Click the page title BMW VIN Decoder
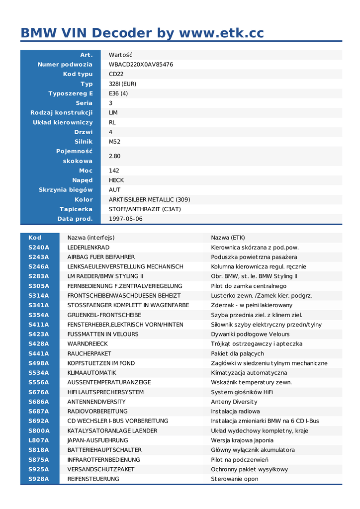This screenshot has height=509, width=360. pyautogui.click(x=142, y=33)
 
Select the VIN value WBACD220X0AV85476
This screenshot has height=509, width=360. pyautogui.click(x=141, y=65)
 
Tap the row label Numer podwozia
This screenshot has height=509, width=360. pyautogui.click(x=65, y=65)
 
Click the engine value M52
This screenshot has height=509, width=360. pyautogui.click(x=114, y=142)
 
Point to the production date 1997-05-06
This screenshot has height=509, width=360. pyautogui.click(x=125, y=219)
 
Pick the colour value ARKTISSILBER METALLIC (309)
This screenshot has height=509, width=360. pyautogui.click(x=149, y=199)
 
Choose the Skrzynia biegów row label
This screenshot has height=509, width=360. pyautogui.click(x=66, y=190)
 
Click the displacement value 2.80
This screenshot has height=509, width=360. pyautogui.click(x=114, y=156)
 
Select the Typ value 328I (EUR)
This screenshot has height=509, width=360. pyautogui.click(x=122, y=84)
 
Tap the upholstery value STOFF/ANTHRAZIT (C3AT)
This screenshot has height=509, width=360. pyautogui.click(x=145, y=209)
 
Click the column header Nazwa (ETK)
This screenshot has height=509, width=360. pyautogui.click(x=228, y=238)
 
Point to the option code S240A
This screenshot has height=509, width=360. pyautogui.click(x=39, y=248)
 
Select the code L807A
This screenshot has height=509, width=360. pyautogui.click(x=39, y=440)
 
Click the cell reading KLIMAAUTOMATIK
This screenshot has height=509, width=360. pyautogui.click(x=91, y=373)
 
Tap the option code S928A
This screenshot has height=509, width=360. pyautogui.click(x=39, y=479)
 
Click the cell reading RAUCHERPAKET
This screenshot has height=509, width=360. pyautogui.click(x=90, y=353)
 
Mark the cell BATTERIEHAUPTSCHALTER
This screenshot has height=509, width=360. pyautogui.click(x=104, y=450)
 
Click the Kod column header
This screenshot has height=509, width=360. pyautogui.click(x=35, y=238)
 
